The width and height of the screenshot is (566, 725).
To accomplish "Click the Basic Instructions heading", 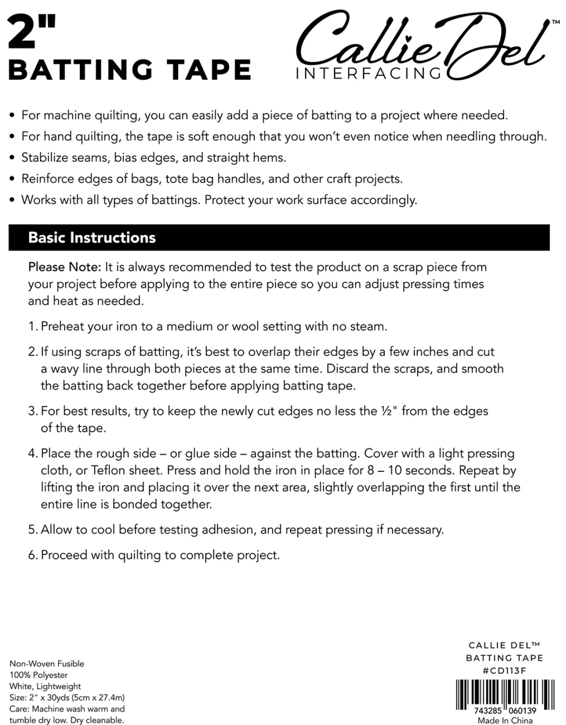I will [92, 237].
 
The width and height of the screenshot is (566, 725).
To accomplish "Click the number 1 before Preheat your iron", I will [31, 326].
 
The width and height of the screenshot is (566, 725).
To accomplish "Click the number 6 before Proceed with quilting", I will [32, 555].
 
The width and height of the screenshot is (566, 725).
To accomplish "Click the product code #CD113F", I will [505, 670].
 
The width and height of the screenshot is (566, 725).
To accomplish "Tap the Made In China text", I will [505, 720].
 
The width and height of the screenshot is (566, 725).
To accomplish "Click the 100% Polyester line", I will [39, 675].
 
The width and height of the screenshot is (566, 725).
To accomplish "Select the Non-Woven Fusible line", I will [47, 664].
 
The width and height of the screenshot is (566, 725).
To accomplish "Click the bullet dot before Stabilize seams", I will [13, 158].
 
